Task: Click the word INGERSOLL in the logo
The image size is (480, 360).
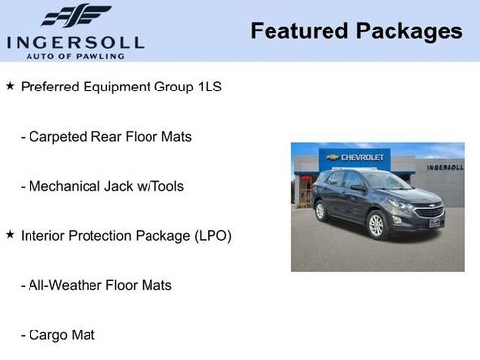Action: pyautogui.click(x=75, y=41)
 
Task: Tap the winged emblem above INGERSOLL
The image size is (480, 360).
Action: pyautogui.click(x=76, y=15)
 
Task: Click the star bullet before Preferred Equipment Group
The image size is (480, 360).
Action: pyautogui.click(x=10, y=86)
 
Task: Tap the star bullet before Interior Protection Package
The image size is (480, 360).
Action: pyautogui.click(x=10, y=235)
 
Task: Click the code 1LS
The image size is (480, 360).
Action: pyautogui.click(x=207, y=87)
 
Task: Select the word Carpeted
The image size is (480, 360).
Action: pyautogui.click(x=60, y=136)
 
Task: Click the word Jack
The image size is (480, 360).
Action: pyautogui.click(x=125, y=186)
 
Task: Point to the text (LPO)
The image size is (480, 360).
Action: pyautogui.click(x=211, y=236)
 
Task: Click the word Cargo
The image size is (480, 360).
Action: pyautogui.click(x=49, y=335)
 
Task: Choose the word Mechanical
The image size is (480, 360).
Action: pyautogui.click(x=65, y=186)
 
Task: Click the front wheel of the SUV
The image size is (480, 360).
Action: pyautogui.click(x=376, y=225)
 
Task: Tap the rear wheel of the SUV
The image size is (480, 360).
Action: pyautogui.click(x=320, y=210)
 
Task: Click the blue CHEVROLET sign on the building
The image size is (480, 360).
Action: pyautogui.click(x=354, y=157)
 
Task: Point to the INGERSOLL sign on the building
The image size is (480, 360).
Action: pyautogui.click(x=445, y=167)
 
